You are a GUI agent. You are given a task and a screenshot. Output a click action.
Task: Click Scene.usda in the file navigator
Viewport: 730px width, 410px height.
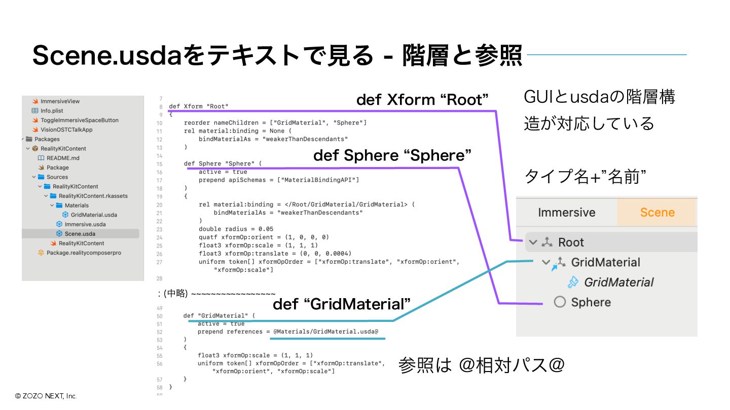[x=80, y=234]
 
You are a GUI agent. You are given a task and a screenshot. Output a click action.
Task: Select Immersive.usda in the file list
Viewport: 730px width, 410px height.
[x=85, y=224]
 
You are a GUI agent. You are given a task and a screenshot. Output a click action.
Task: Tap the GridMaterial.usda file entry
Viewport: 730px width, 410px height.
[x=94, y=215]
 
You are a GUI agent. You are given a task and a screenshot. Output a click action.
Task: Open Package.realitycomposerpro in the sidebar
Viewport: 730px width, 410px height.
[x=84, y=253]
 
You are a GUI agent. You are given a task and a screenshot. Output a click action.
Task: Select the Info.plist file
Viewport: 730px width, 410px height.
[x=52, y=110]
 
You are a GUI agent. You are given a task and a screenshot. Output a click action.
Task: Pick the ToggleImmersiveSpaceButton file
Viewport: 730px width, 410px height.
[x=79, y=120]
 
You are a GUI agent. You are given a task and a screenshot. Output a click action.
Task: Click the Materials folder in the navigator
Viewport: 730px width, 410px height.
[x=77, y=206]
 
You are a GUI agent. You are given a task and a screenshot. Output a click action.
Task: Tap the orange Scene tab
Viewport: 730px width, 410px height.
[x=657, y=212]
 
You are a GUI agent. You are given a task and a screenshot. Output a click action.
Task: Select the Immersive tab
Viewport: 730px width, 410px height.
[x=566, y=212]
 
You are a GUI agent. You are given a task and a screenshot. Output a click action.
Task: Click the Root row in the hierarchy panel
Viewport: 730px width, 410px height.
[x=571, y=242]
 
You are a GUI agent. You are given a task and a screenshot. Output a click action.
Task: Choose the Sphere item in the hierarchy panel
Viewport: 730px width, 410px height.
[x=591, y=302]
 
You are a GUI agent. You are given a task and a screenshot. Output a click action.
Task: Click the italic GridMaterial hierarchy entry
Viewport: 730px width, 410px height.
[x=618, y=282]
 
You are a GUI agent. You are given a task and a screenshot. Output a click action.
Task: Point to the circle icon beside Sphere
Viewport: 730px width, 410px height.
[x=560, y=302]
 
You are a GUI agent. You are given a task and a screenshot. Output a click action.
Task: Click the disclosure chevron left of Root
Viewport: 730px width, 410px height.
[x=532, y=242]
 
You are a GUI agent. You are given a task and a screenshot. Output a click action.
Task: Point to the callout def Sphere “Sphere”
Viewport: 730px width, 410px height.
[x=392, y=155]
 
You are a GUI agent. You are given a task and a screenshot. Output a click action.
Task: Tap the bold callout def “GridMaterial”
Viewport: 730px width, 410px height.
[x=342, y=304]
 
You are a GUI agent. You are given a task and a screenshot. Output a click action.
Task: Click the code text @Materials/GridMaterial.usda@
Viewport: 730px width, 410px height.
[x=325, y=332]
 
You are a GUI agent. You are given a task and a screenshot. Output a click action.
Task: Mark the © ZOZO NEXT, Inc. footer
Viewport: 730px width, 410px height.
[x=46, y=396]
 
